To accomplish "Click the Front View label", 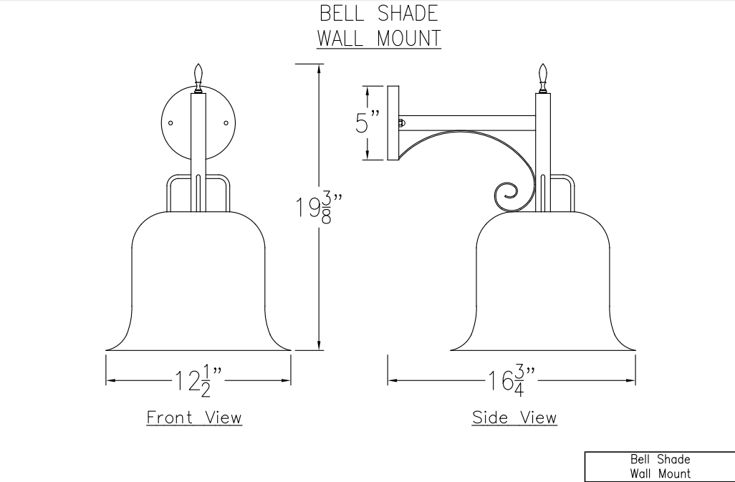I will [194, 417].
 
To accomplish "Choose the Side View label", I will [514, 417].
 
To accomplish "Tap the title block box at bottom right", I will [660, 466].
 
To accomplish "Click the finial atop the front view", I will [198, 76].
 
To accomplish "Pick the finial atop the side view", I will [543, 76].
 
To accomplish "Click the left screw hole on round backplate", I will [171, 122].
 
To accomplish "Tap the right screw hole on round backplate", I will [226, 122].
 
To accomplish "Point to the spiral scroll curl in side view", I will [508, 193].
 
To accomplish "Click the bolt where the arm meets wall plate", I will [401, 122].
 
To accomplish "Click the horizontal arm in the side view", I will [466, 122].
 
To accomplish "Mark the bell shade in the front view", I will [198, 286].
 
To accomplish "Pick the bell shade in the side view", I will [543, 286].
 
